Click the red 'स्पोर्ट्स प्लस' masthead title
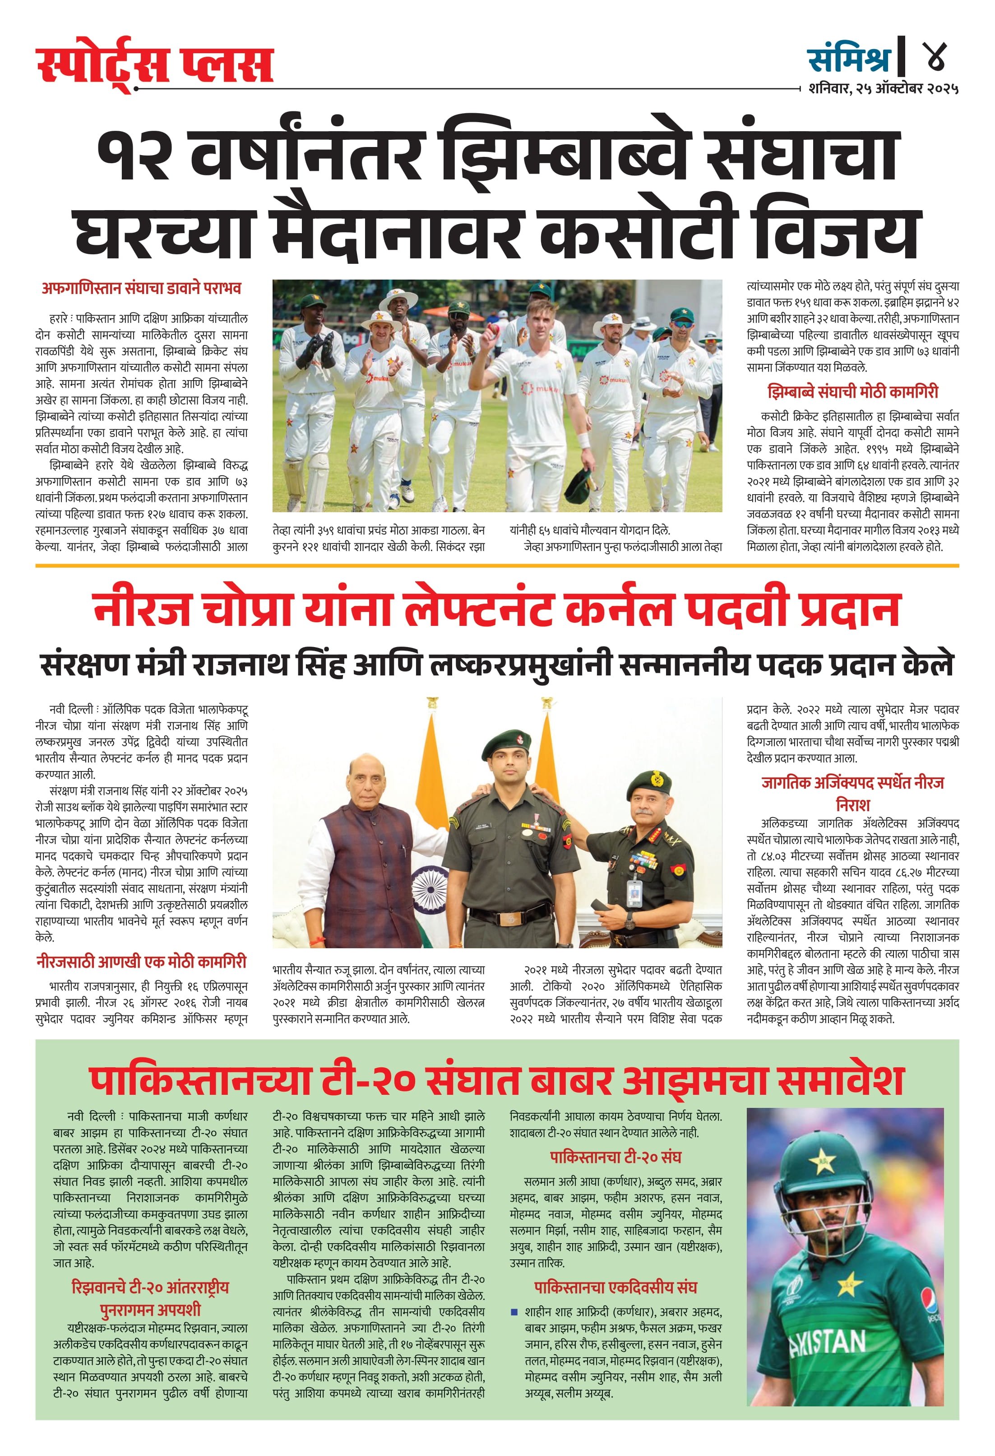pos(155,64)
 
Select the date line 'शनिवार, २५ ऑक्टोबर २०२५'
pos(883,88)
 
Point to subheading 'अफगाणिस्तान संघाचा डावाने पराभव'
pos(141,288)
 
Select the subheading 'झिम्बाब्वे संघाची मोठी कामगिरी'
pos(853,392)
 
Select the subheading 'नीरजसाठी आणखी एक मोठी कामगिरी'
pos(141,962)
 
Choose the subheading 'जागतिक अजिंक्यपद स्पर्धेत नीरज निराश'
pos(853,793)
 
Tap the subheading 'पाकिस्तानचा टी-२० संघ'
pos(616,1157)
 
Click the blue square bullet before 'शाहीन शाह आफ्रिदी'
pos(514,1311)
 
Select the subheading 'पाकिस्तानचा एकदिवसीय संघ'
pos(616,1287)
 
